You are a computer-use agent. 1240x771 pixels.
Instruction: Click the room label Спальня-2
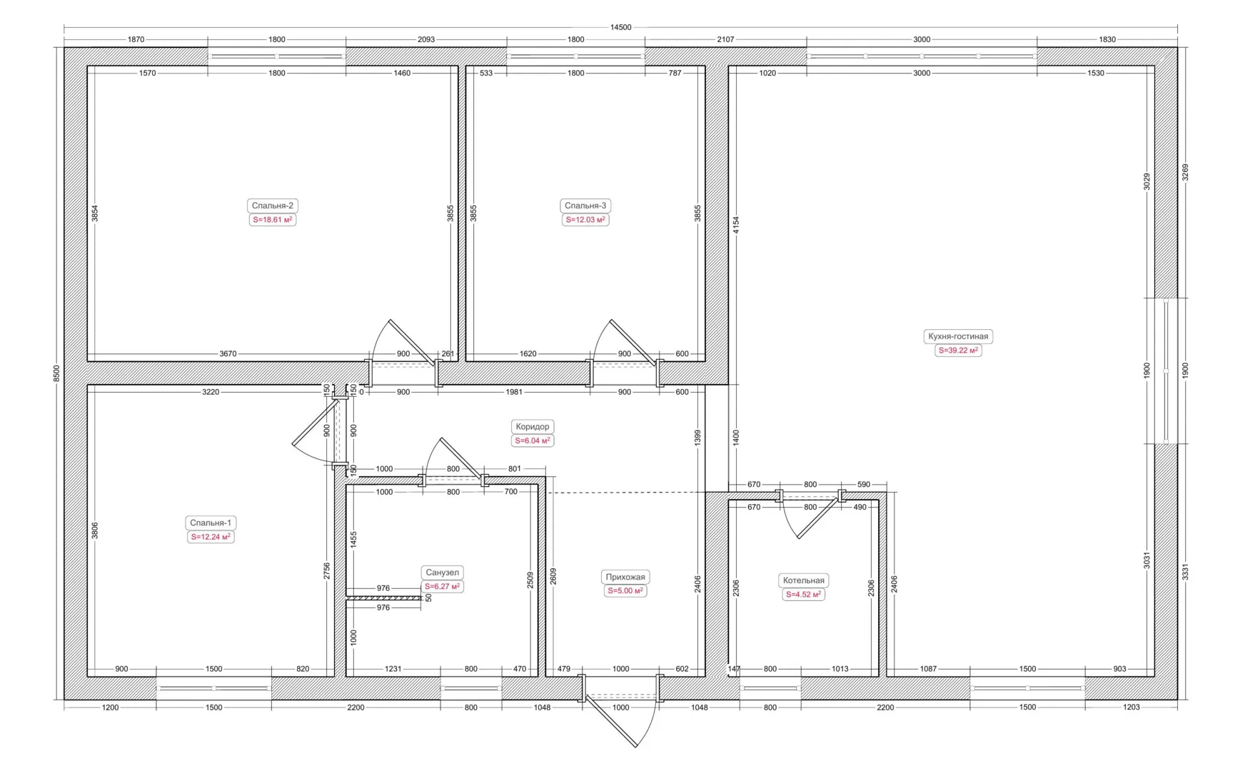[x=272, y=206]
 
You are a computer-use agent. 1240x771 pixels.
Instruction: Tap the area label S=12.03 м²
[x=585, y=220]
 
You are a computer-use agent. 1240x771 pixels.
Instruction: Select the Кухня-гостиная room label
[x=958, y=336]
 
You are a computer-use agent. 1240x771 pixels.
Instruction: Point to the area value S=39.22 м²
[x=958, y=351]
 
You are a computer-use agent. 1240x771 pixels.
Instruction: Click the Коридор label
[x=533, y=427]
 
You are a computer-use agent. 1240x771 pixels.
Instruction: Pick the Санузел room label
[x=442, y=573]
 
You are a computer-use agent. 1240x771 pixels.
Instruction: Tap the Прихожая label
[x=625, y=577]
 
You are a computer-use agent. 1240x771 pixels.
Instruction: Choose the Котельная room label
[x=803, y=580]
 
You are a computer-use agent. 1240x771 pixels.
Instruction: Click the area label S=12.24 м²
[x=211, y=537]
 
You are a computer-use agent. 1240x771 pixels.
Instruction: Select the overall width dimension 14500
[x=620, y=27]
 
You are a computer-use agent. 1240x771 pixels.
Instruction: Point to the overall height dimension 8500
[x=56, y=373]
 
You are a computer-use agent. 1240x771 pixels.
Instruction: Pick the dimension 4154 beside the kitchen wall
[x=736, y=226]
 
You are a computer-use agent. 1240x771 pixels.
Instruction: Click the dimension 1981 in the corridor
[x=514, y=392]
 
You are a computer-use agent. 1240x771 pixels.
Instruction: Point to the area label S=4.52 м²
[x=803, y=595]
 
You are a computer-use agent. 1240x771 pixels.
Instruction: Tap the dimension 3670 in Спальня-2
[x=228, y=353]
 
